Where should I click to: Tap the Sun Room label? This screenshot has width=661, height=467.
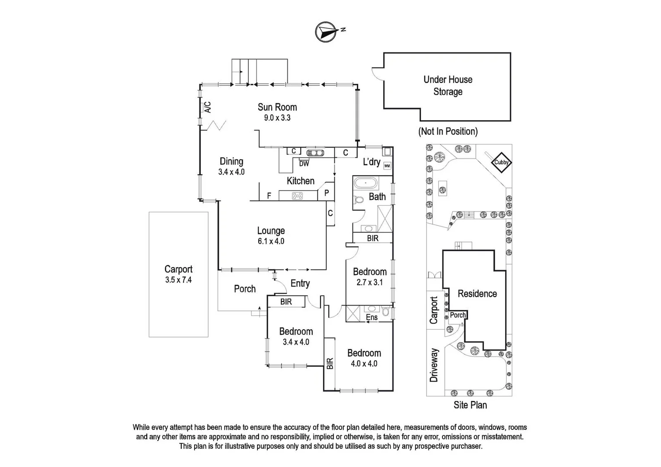(x=277, y=107)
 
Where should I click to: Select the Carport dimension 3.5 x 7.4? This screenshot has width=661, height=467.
(x=178, y=280)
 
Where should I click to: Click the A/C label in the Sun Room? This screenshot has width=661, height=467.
(x=208, y=107)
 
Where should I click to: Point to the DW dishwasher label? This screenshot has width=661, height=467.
(x=304, y=164)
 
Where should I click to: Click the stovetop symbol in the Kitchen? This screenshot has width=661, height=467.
(x=298, y=196)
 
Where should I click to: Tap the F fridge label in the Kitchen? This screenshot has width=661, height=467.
(x=269, y=196)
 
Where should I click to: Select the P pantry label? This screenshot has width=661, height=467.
(x=327, y=193)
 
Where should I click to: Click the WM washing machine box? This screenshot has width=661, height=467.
(x=387, y=166)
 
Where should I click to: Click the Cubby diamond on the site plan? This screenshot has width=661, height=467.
(x=502, y=163)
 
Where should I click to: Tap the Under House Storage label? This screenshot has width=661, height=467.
(x=448, y=86)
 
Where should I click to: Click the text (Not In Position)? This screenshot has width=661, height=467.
(x=448, y=131)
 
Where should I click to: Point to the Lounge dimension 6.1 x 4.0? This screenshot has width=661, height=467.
(x=271, y=241)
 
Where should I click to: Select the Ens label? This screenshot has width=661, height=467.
(x=372, y=317)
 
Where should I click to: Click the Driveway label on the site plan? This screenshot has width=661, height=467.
(x=434, y=365)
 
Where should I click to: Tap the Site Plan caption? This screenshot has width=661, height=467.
(x=470, y=405)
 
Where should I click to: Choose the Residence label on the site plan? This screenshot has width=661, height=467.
(x=477, y=294)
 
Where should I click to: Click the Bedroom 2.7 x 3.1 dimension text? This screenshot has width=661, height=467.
(x=369, y=282)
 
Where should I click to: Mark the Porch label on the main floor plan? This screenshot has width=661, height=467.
(x=245, y=289)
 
